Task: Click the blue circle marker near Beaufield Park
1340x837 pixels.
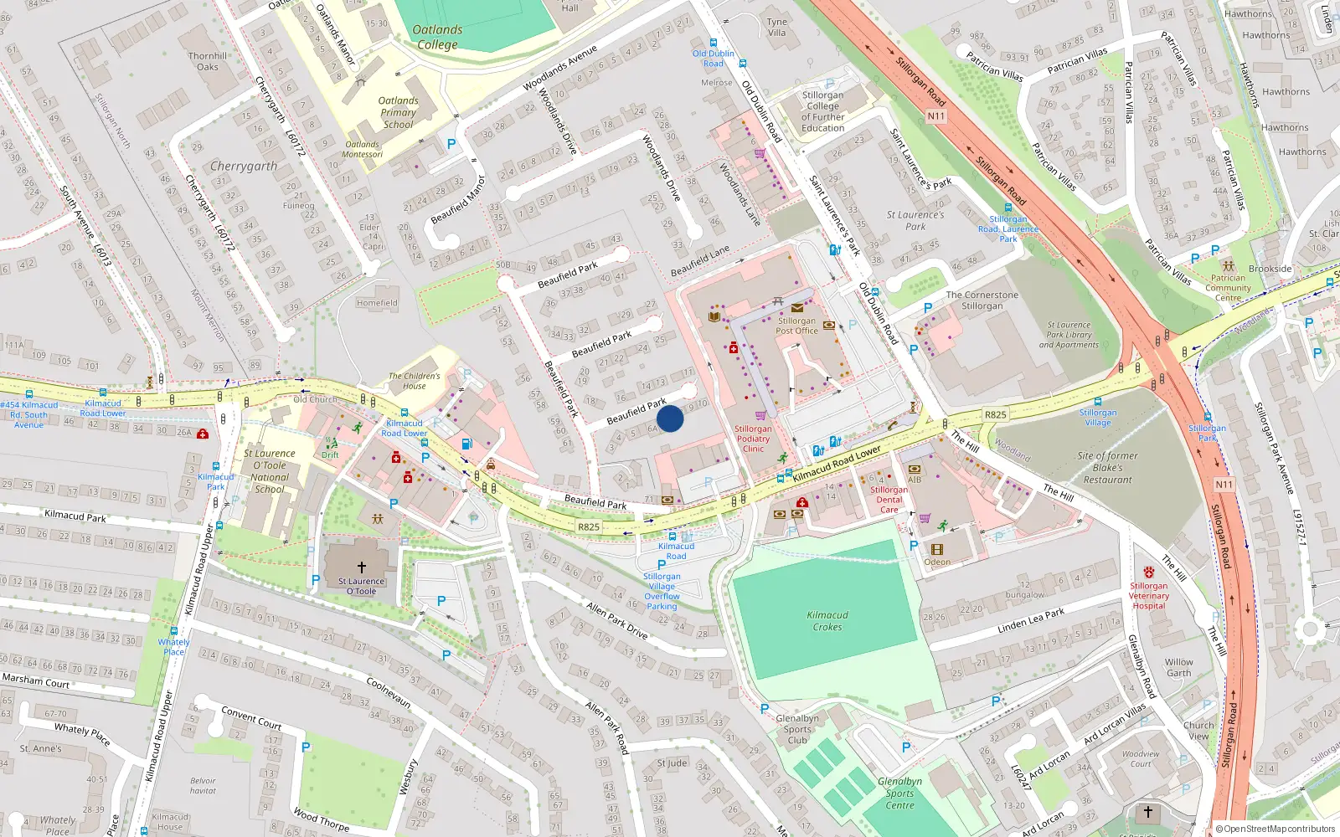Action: click(670, 418)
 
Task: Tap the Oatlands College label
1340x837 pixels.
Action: click(437, 37)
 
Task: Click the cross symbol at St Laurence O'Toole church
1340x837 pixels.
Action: click(362, 567)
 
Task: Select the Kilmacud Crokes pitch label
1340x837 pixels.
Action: click(827, 621)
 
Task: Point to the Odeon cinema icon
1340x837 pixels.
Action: click(937, 550)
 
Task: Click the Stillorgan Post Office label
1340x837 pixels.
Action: click(796, 326)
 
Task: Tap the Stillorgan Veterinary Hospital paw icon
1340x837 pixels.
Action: click(1149, 572)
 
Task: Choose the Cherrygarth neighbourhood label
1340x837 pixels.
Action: click(244, 166)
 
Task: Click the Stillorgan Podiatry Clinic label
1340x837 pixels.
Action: click(753, 439)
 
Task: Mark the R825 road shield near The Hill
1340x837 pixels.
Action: click(995, 414)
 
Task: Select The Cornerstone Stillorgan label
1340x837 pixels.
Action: click(982, 300)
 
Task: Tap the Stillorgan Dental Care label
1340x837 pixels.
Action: click(889, 500)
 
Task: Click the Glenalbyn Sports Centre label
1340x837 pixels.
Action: click(900, 793)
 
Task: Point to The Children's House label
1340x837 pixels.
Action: click(414, 381)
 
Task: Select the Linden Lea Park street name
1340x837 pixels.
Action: click(1031, 620)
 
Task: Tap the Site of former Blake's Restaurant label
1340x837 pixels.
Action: click(1107, 468)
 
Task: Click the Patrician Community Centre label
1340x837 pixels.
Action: click(1228, 288)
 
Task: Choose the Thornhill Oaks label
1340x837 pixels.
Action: click(208, 61)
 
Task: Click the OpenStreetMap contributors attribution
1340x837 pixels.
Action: click(1276, 829)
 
